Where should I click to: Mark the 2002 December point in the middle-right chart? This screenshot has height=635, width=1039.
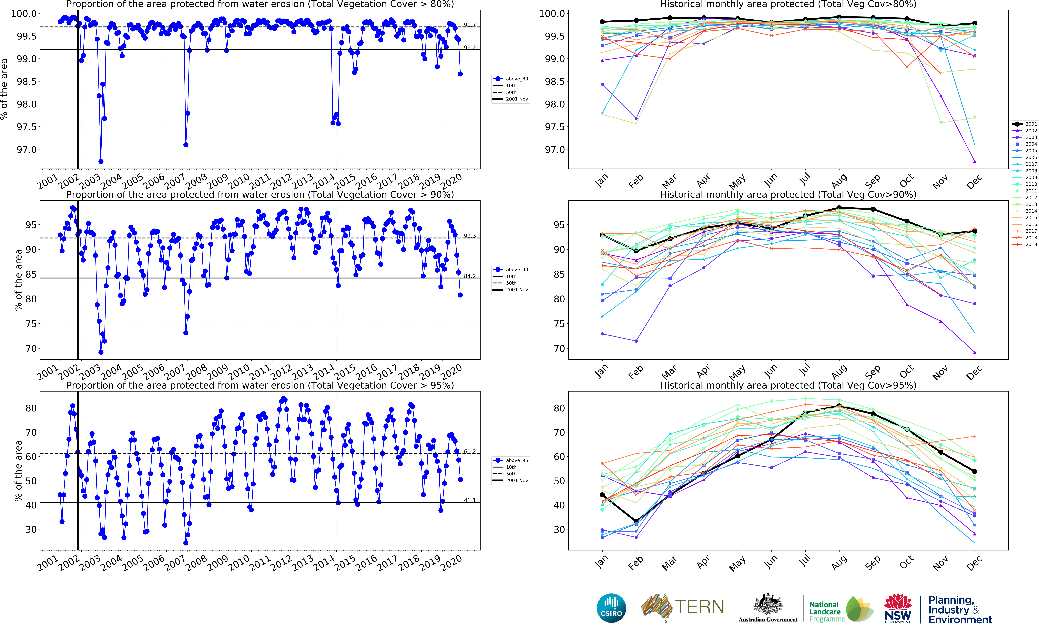(x=974, y=352)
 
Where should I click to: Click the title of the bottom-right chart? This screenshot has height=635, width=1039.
(x=788, y=385)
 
